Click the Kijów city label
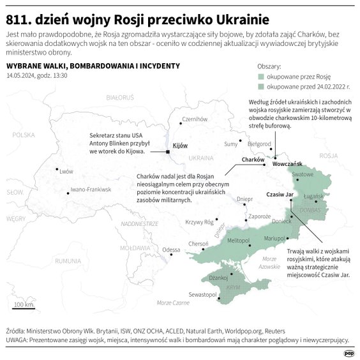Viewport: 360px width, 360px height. [181, 146]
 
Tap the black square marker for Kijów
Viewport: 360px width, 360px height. [168, 152]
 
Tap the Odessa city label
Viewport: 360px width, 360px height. [171, 250]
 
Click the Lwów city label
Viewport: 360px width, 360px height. [66, 171]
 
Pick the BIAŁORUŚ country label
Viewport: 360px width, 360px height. [120, 97]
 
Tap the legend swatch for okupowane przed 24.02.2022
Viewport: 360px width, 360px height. [260, 86]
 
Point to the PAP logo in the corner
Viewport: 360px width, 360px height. [349, 352]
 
